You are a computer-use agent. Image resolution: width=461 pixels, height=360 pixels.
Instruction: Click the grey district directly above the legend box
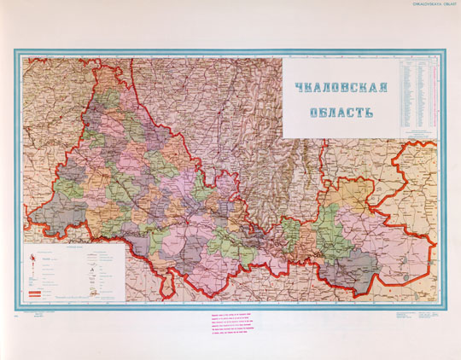[x=71, y=210]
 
